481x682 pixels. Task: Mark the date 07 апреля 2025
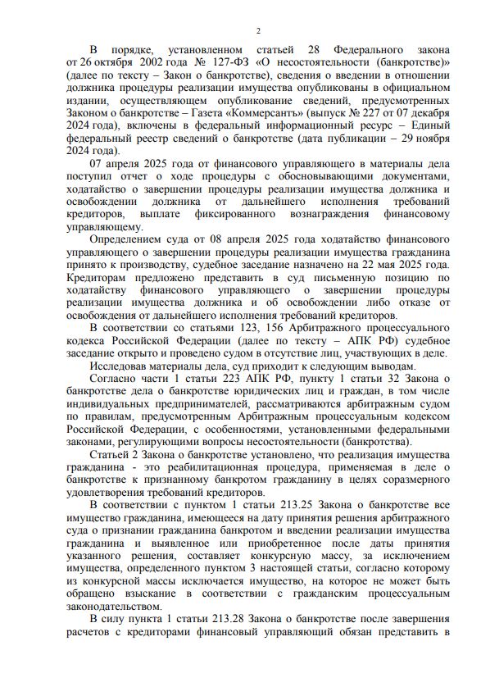tap(128, 164)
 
